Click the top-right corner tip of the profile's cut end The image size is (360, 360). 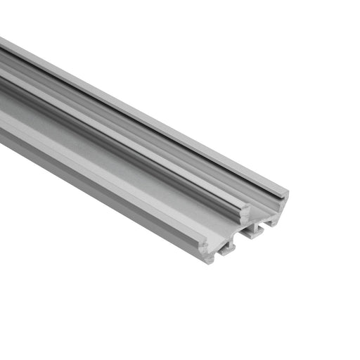(287, 191)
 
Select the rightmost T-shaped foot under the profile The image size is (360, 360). (267, 225)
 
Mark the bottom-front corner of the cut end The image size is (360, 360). (209, 262)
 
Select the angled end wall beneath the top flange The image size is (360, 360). (278, 207)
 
